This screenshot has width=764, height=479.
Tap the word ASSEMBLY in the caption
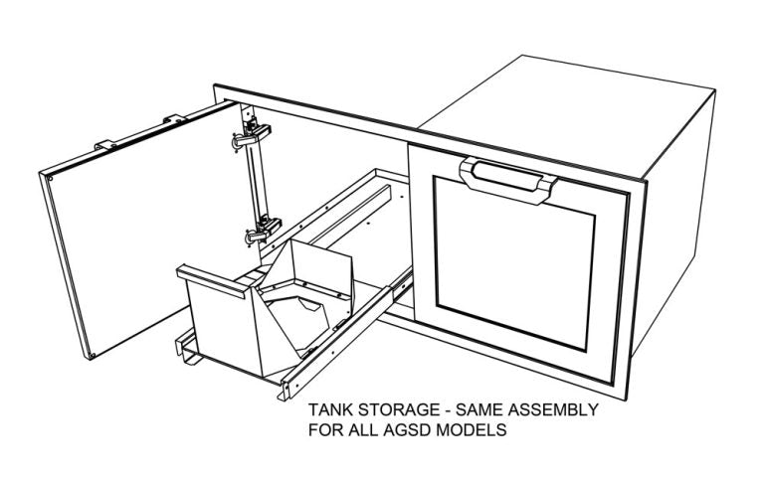553,409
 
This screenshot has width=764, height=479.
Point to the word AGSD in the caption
409,430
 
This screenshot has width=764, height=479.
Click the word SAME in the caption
478,409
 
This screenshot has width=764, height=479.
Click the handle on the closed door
507,179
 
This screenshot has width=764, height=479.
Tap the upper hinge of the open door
251,134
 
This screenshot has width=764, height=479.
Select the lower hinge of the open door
263,229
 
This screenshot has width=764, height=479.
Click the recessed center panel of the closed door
514,263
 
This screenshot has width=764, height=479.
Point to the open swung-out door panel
141,229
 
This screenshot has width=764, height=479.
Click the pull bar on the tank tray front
215,282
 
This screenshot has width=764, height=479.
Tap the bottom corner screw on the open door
92,356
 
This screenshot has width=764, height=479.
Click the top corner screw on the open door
49,178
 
